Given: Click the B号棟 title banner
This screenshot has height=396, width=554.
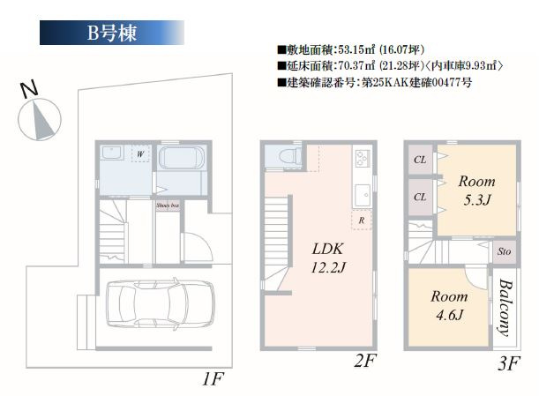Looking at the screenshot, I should pos(111,34).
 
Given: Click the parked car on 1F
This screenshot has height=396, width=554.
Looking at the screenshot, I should pos(160,304).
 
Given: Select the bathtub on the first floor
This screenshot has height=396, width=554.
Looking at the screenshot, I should pos(182,165).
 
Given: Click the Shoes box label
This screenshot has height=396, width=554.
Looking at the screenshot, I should pos(168,205).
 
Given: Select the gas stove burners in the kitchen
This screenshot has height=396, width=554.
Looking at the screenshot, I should pos(363,161).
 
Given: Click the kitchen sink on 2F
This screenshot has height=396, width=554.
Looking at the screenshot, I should pos(362,194).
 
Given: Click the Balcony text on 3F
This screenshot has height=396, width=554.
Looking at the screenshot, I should pos(505,309).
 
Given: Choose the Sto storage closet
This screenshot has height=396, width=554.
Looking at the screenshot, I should pos(504,251).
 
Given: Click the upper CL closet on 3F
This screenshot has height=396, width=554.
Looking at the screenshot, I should pos(419,160).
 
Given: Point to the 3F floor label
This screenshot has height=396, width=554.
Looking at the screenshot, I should pos(510,362).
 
